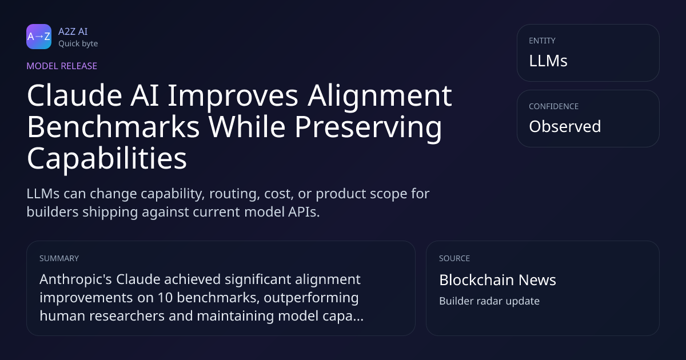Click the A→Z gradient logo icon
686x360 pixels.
pos(39,37)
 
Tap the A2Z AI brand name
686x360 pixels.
pos(73,31)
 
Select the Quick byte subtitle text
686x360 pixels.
pos(78,44)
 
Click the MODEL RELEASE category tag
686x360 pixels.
pos(62,66)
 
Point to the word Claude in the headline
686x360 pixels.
pos(75,95)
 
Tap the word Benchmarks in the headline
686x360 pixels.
pos(113,126)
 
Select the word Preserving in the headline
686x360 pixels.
pos(368,128)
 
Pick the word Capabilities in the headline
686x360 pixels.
pos(107,159)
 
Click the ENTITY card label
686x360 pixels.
pos(542,41)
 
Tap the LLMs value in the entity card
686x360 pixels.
pos(548,61)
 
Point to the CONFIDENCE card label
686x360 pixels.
pos(554,106)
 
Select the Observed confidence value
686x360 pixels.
pos(565,126)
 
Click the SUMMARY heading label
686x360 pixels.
pos(59,258)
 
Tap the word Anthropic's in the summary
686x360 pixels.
pos(75,279)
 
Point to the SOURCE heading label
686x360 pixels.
pos(454,258)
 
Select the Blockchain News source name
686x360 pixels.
pos(498,280)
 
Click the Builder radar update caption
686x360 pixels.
pos(489,301)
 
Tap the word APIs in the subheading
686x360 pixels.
pos(304,212)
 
